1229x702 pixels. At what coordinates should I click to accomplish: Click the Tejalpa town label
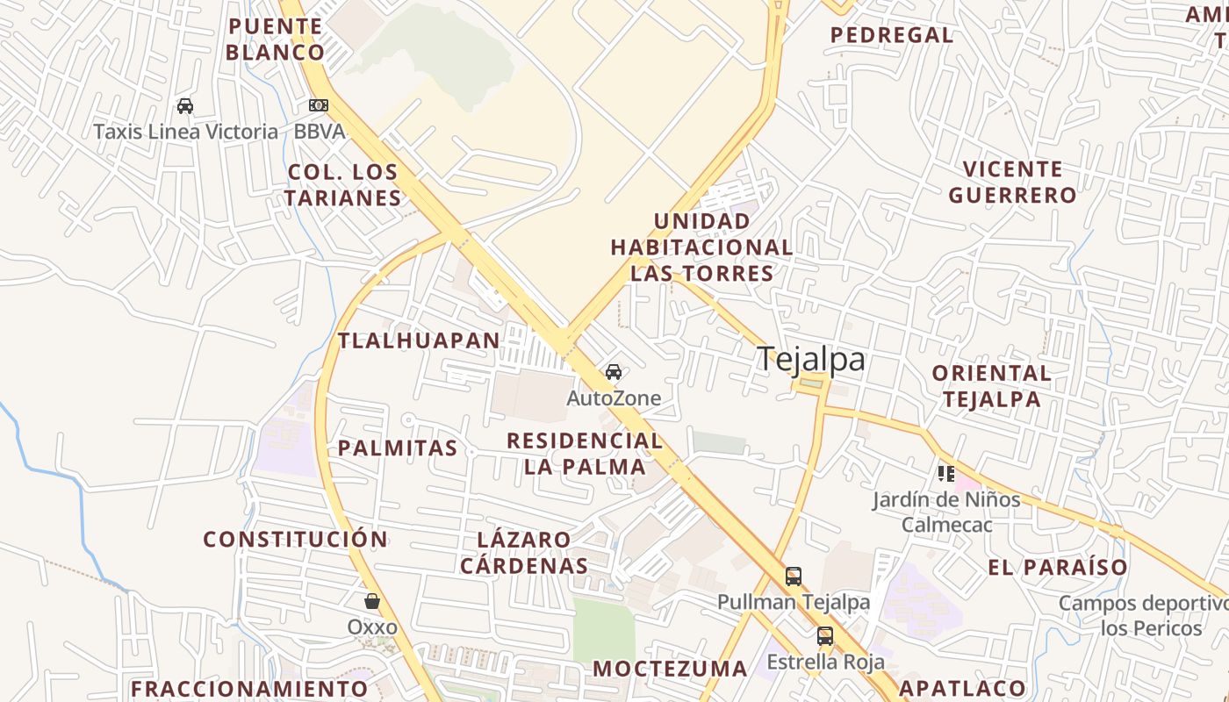click(x=810, y=359)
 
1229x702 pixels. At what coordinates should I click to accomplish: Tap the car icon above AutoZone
click(x=614, y=372)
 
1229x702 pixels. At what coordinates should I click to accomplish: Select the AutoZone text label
click(x=614, y=398)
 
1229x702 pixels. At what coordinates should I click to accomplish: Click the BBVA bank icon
click(x=318, y=105)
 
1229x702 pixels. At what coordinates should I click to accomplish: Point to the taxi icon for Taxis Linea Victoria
click(x=184, y=106)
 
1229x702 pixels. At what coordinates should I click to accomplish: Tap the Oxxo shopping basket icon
click(x=372, y=601)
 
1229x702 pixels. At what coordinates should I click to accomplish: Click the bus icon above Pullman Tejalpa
click(x=794, y=577)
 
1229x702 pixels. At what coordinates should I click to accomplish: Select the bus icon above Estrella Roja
click(x=825, y=636)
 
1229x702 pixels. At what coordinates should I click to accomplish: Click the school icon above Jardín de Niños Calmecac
click(x=945, y=474)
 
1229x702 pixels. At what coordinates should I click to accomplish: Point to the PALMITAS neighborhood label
click(x=398, y=448)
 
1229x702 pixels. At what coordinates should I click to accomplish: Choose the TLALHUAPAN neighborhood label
click(x=419, y=340)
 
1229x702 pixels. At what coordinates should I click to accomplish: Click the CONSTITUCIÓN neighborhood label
click(x=295, y=539)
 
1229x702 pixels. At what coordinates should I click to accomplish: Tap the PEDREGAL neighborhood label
click(x=892, y=35)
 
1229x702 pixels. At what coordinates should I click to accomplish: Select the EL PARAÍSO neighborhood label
click(x=1057, y=567)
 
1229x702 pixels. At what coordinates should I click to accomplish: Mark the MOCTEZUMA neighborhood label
click(x=670, y=669)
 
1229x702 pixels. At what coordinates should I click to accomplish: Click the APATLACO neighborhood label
click(x=962, y=688)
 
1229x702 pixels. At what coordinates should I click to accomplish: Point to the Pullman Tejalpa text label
click(x=794, y=602)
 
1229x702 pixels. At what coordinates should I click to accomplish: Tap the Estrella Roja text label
click(x=825, y=662)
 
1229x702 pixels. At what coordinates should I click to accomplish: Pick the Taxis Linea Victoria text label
click(x=185, y=132)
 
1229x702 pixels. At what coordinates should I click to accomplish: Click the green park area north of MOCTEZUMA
click(x=603, y=630)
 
